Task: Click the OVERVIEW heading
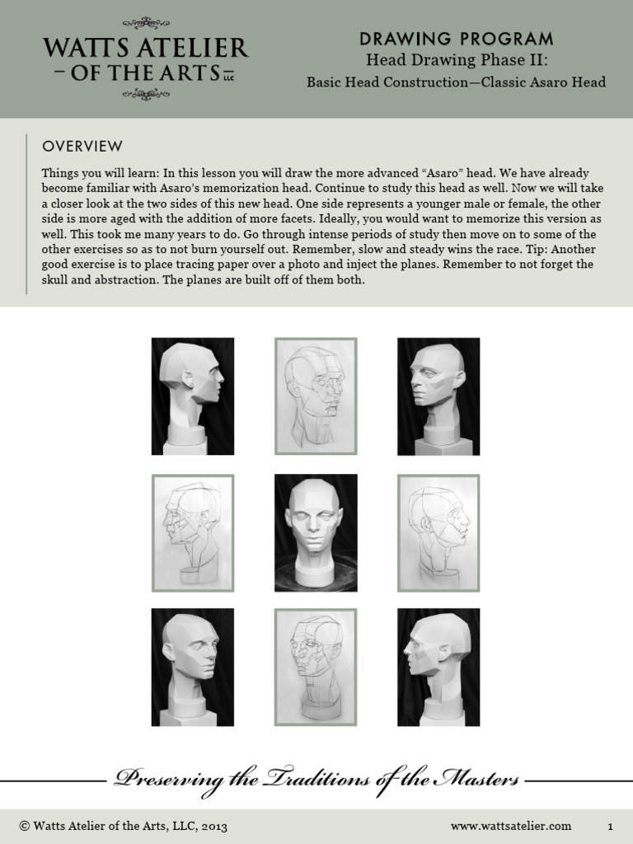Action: point(82,147)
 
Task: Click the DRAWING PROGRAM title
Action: point(456,39)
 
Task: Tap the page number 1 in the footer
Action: point(611,825)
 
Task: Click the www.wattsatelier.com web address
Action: point(511,825)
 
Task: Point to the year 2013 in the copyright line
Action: point(213,825)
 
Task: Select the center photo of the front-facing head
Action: point(316,532)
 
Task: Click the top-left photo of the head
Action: point(193,396)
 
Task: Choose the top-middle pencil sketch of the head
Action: point(316,396)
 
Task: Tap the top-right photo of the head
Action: point(438,396)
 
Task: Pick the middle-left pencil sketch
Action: point(193,532)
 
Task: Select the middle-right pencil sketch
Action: point(438,532)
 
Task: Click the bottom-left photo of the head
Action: point(193,668)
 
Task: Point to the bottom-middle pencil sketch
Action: point(316,668)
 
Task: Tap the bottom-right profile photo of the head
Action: point(438,668)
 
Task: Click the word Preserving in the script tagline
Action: point(160,779)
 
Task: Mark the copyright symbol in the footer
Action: point(24,825)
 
